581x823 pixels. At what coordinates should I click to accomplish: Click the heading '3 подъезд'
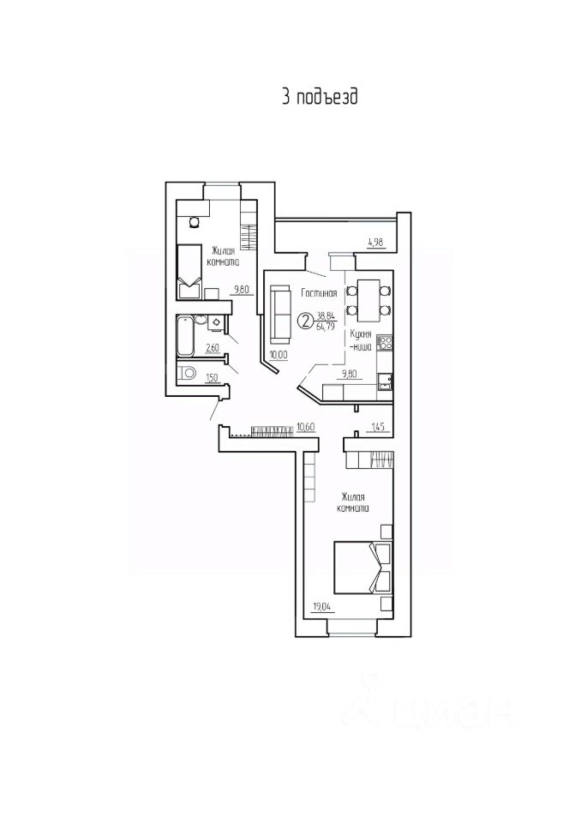(320, 98)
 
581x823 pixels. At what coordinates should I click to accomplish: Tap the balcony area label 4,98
(376, 243)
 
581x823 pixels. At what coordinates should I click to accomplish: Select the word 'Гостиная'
(319, 293)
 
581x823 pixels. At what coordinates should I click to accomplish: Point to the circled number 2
(305, 320)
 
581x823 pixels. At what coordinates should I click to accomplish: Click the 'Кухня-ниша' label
(362, 340)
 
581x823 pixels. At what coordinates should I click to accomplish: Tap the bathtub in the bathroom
(185, 335)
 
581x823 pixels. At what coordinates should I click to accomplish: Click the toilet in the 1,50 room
(187, 373)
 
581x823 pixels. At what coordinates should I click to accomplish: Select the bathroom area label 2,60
(212, 347)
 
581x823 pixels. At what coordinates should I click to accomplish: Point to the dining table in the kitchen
(369, 300)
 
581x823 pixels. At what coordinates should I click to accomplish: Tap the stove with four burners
(386, 343)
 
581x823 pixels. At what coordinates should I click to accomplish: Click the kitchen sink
(386, 381)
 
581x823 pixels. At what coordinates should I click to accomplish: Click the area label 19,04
(321, 608)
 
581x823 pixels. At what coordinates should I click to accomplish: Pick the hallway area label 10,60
(305, 427)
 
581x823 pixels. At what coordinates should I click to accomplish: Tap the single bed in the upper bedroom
(189, 272)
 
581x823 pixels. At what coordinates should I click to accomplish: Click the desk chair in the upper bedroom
(195, 223)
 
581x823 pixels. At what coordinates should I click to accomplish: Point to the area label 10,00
(279, 355)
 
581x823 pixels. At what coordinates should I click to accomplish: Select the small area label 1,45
(378, 427)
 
